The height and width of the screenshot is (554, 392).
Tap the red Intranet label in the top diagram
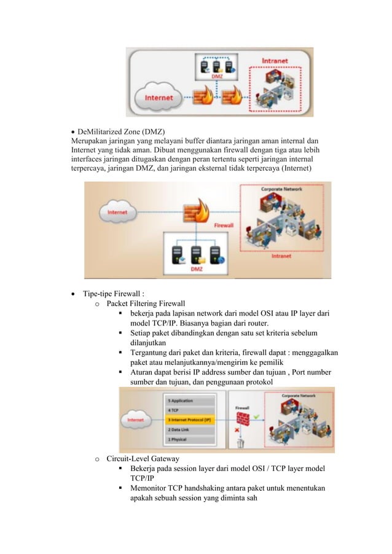pos(275,61)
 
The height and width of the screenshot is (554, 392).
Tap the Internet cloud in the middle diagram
pos(118,212)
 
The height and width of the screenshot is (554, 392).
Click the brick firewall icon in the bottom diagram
pos(245,418)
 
